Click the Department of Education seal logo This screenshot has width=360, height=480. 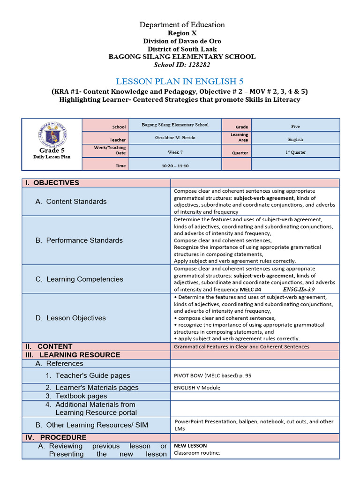click(52, 133)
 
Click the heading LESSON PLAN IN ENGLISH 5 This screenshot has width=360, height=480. click(180, 81)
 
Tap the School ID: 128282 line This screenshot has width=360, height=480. click(182, 64)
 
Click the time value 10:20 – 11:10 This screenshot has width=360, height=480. click(175, 166)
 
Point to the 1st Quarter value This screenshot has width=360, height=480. click(295, 152)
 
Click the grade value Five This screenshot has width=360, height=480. click(295, 126)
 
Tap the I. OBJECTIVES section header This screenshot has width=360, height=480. click(56, 183)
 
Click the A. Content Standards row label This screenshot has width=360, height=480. click(71, 202)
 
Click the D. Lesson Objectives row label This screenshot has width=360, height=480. click(70, 318)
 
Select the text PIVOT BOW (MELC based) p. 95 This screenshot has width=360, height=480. click(209, 375)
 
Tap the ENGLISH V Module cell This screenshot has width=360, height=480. click(197, 388)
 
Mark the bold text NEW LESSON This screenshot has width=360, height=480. click(190, 446)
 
